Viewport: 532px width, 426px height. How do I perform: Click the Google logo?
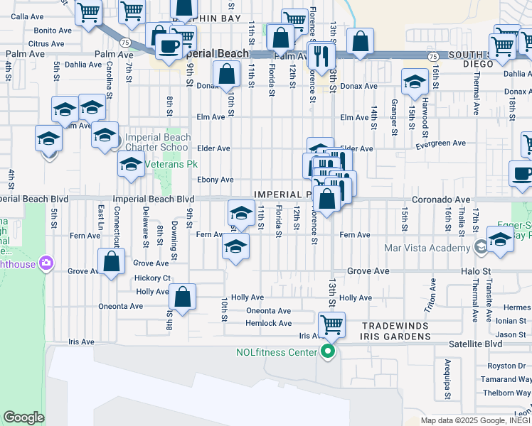point(24,417)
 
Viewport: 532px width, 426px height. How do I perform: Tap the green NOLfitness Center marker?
point(328,351)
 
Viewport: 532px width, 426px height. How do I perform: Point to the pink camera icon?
point(47,263)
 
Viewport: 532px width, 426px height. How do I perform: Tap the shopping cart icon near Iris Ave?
point(331,324)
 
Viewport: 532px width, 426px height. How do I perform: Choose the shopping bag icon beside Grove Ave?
point(112,261)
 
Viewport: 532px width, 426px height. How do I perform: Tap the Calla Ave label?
point(27,16)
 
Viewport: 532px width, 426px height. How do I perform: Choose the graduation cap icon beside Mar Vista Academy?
point(500,239)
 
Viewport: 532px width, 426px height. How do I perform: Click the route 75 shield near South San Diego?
point(432,55)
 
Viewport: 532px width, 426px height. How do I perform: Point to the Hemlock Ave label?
point(269,323)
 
